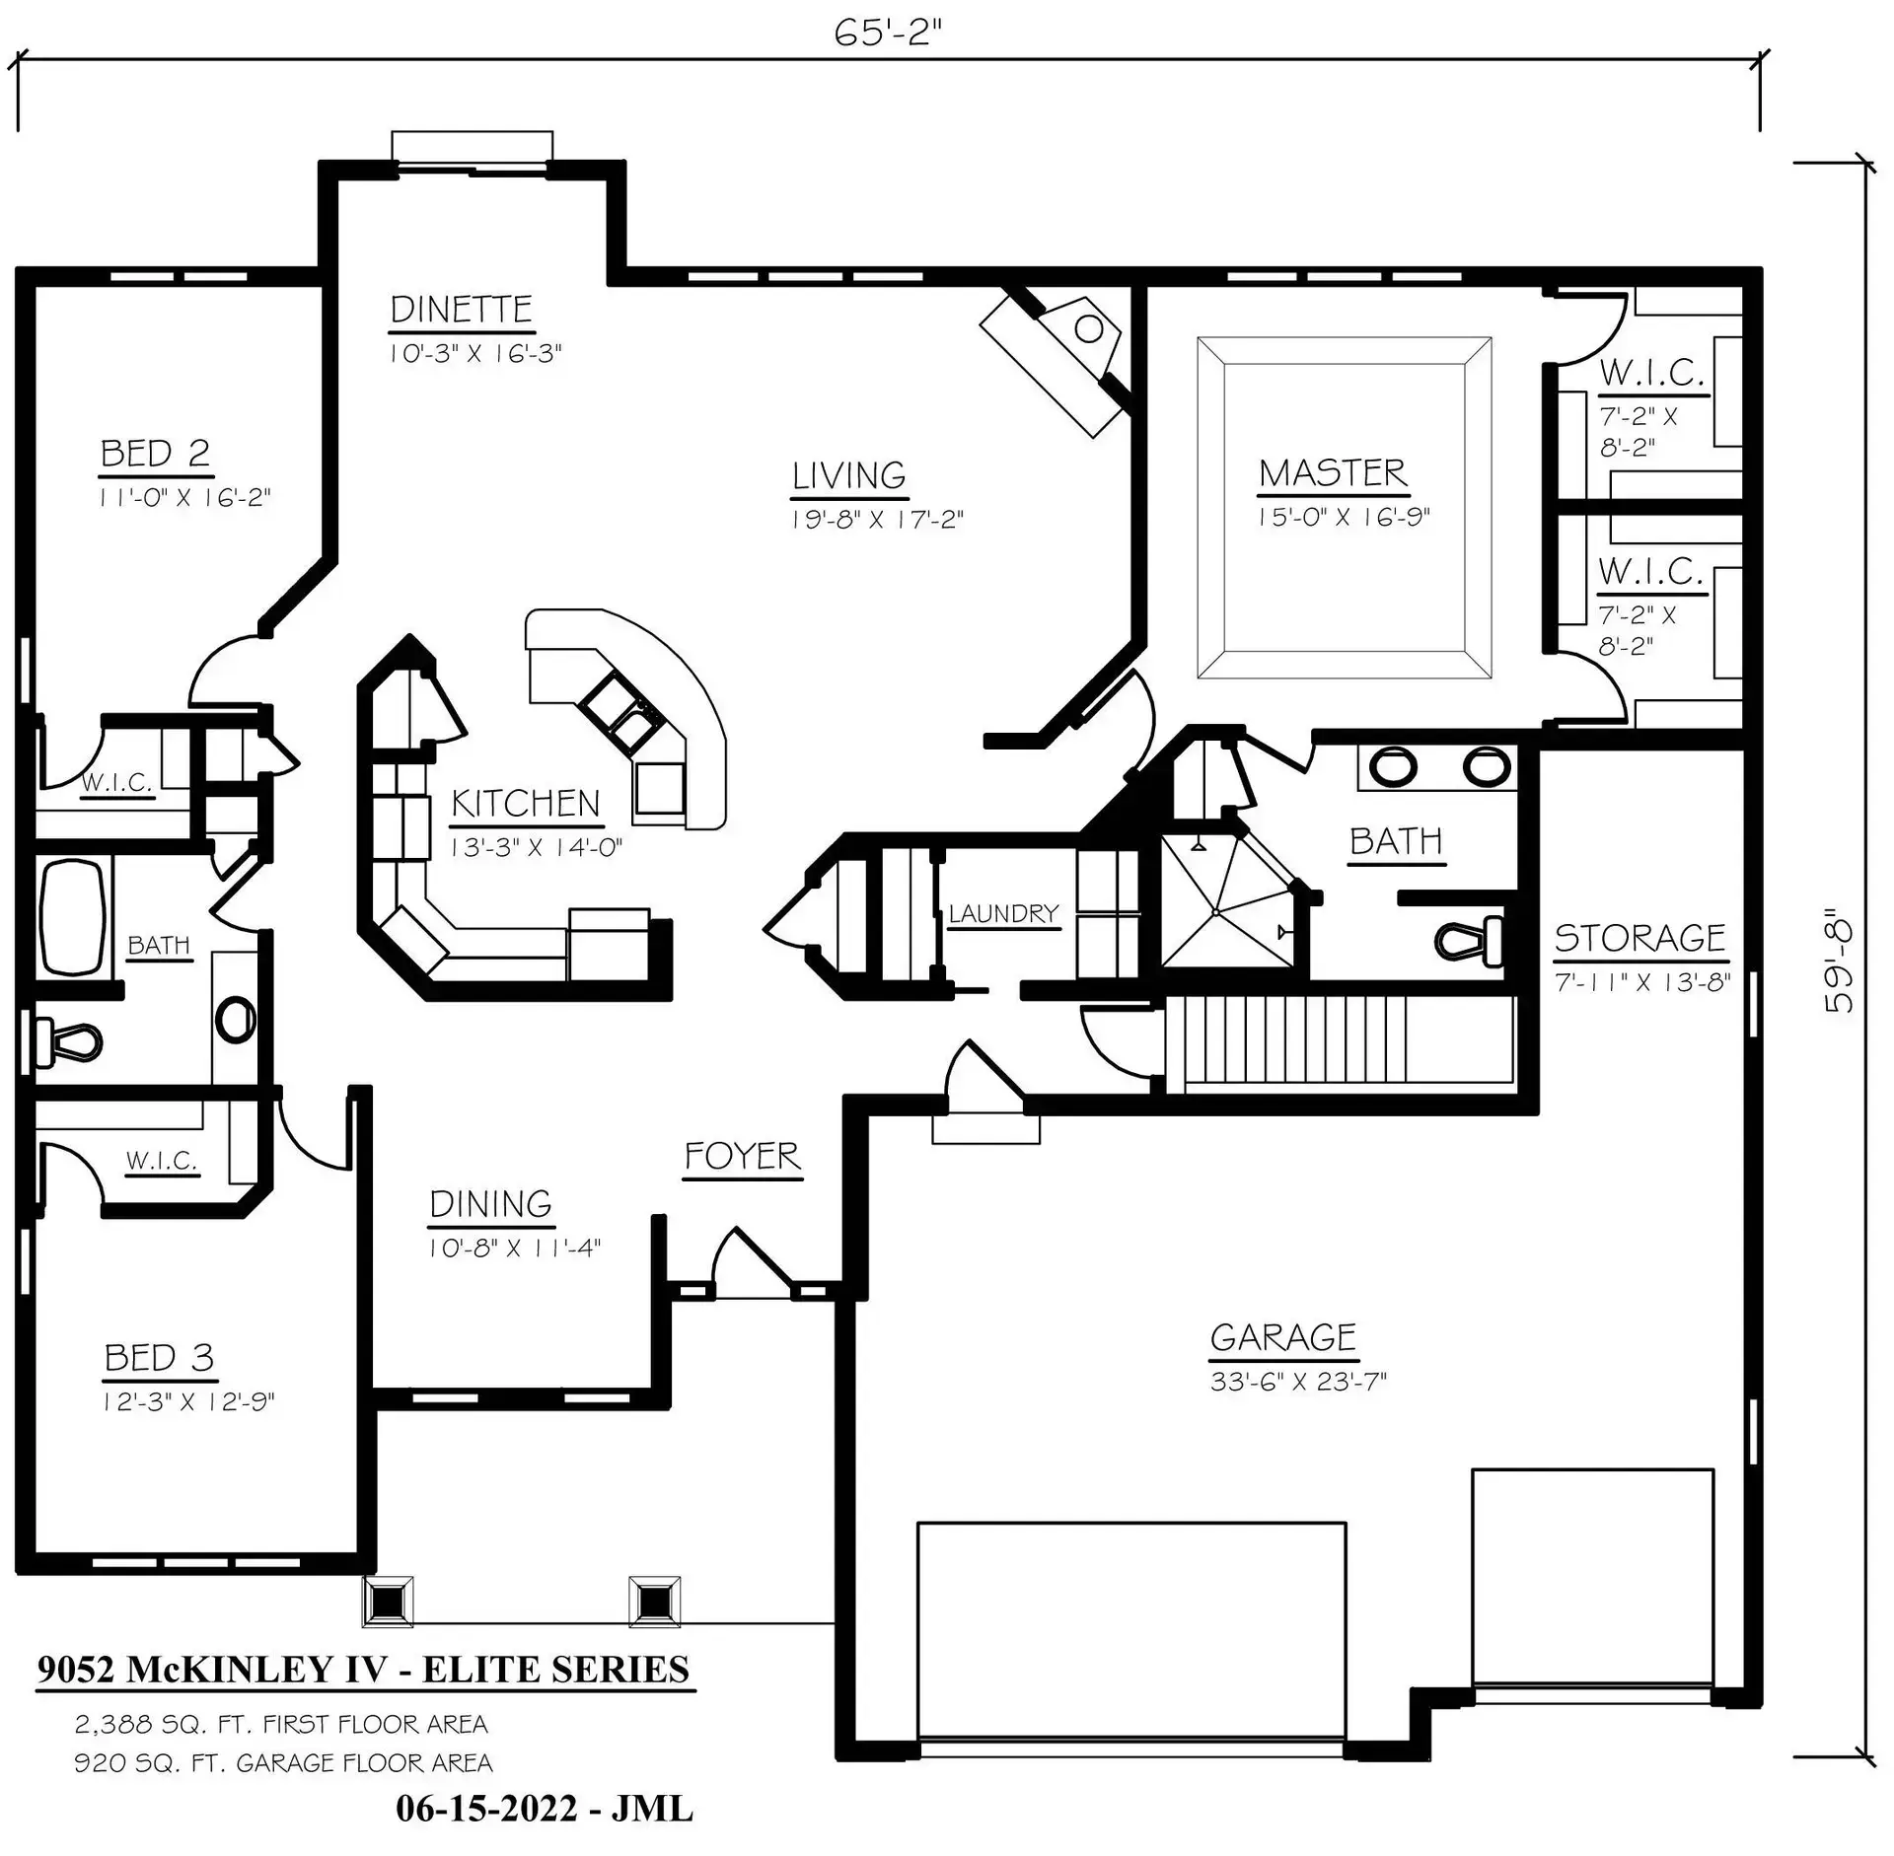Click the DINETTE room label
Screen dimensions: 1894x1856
461,310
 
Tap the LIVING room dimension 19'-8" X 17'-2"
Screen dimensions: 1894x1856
877,519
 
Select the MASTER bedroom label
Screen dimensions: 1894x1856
1333,473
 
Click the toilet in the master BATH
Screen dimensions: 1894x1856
1469,940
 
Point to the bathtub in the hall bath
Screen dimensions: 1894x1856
72,915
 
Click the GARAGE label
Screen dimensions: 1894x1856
1283,1337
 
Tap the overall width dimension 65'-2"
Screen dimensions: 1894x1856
888,33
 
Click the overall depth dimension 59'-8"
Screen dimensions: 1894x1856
1839,961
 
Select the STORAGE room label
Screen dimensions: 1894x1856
1639,937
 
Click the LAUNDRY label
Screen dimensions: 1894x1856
1003,914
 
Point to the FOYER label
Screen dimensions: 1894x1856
742,1156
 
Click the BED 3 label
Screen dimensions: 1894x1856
159,1358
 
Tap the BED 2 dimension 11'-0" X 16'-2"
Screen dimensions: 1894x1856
184,497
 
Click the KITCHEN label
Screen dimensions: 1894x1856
526,804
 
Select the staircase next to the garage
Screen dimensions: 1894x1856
1340,1044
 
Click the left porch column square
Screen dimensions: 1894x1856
388,1602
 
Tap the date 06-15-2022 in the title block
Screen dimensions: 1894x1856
486,1809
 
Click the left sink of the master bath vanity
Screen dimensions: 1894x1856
1392,766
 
